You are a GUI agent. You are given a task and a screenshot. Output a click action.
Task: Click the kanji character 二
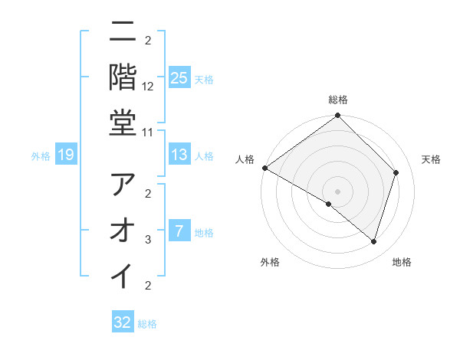click(123, 33)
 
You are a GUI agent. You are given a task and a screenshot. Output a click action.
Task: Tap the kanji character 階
click(123, 77)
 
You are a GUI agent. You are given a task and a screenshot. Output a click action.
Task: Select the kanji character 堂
click(123, 123)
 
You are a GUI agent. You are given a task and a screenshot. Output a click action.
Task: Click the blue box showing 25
click(179, 78)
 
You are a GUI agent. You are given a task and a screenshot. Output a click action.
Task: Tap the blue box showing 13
click(179, 155)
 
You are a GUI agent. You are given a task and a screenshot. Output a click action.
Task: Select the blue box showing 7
click(179, 231)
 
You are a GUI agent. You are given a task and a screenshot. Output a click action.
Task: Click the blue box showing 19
click(66, 155)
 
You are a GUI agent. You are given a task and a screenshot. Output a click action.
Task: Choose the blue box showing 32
click(123, 322)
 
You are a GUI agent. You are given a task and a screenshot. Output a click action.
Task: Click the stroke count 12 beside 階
click(149, 87)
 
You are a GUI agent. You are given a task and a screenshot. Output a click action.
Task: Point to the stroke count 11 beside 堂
click(149, 132)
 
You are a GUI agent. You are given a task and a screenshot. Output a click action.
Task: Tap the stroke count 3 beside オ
click(149, 240)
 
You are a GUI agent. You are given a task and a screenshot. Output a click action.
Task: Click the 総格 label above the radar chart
click(337, 100)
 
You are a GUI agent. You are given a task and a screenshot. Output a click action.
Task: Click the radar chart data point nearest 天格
click(396, 172)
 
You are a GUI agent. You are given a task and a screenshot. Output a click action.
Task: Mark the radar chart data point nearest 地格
click(374, 242)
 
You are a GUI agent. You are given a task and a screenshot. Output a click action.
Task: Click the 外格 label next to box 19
click(41, 156)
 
